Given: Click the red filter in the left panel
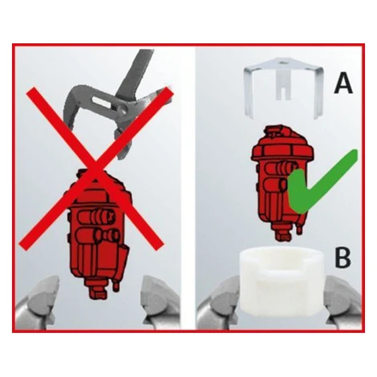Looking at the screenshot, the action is pos(98,233).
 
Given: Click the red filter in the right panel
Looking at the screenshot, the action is pos(281,182).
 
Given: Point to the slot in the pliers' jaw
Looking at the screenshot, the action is pos(101,103).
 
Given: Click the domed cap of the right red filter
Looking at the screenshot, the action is pos(282,142).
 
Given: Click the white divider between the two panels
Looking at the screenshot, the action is pos(188,188).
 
